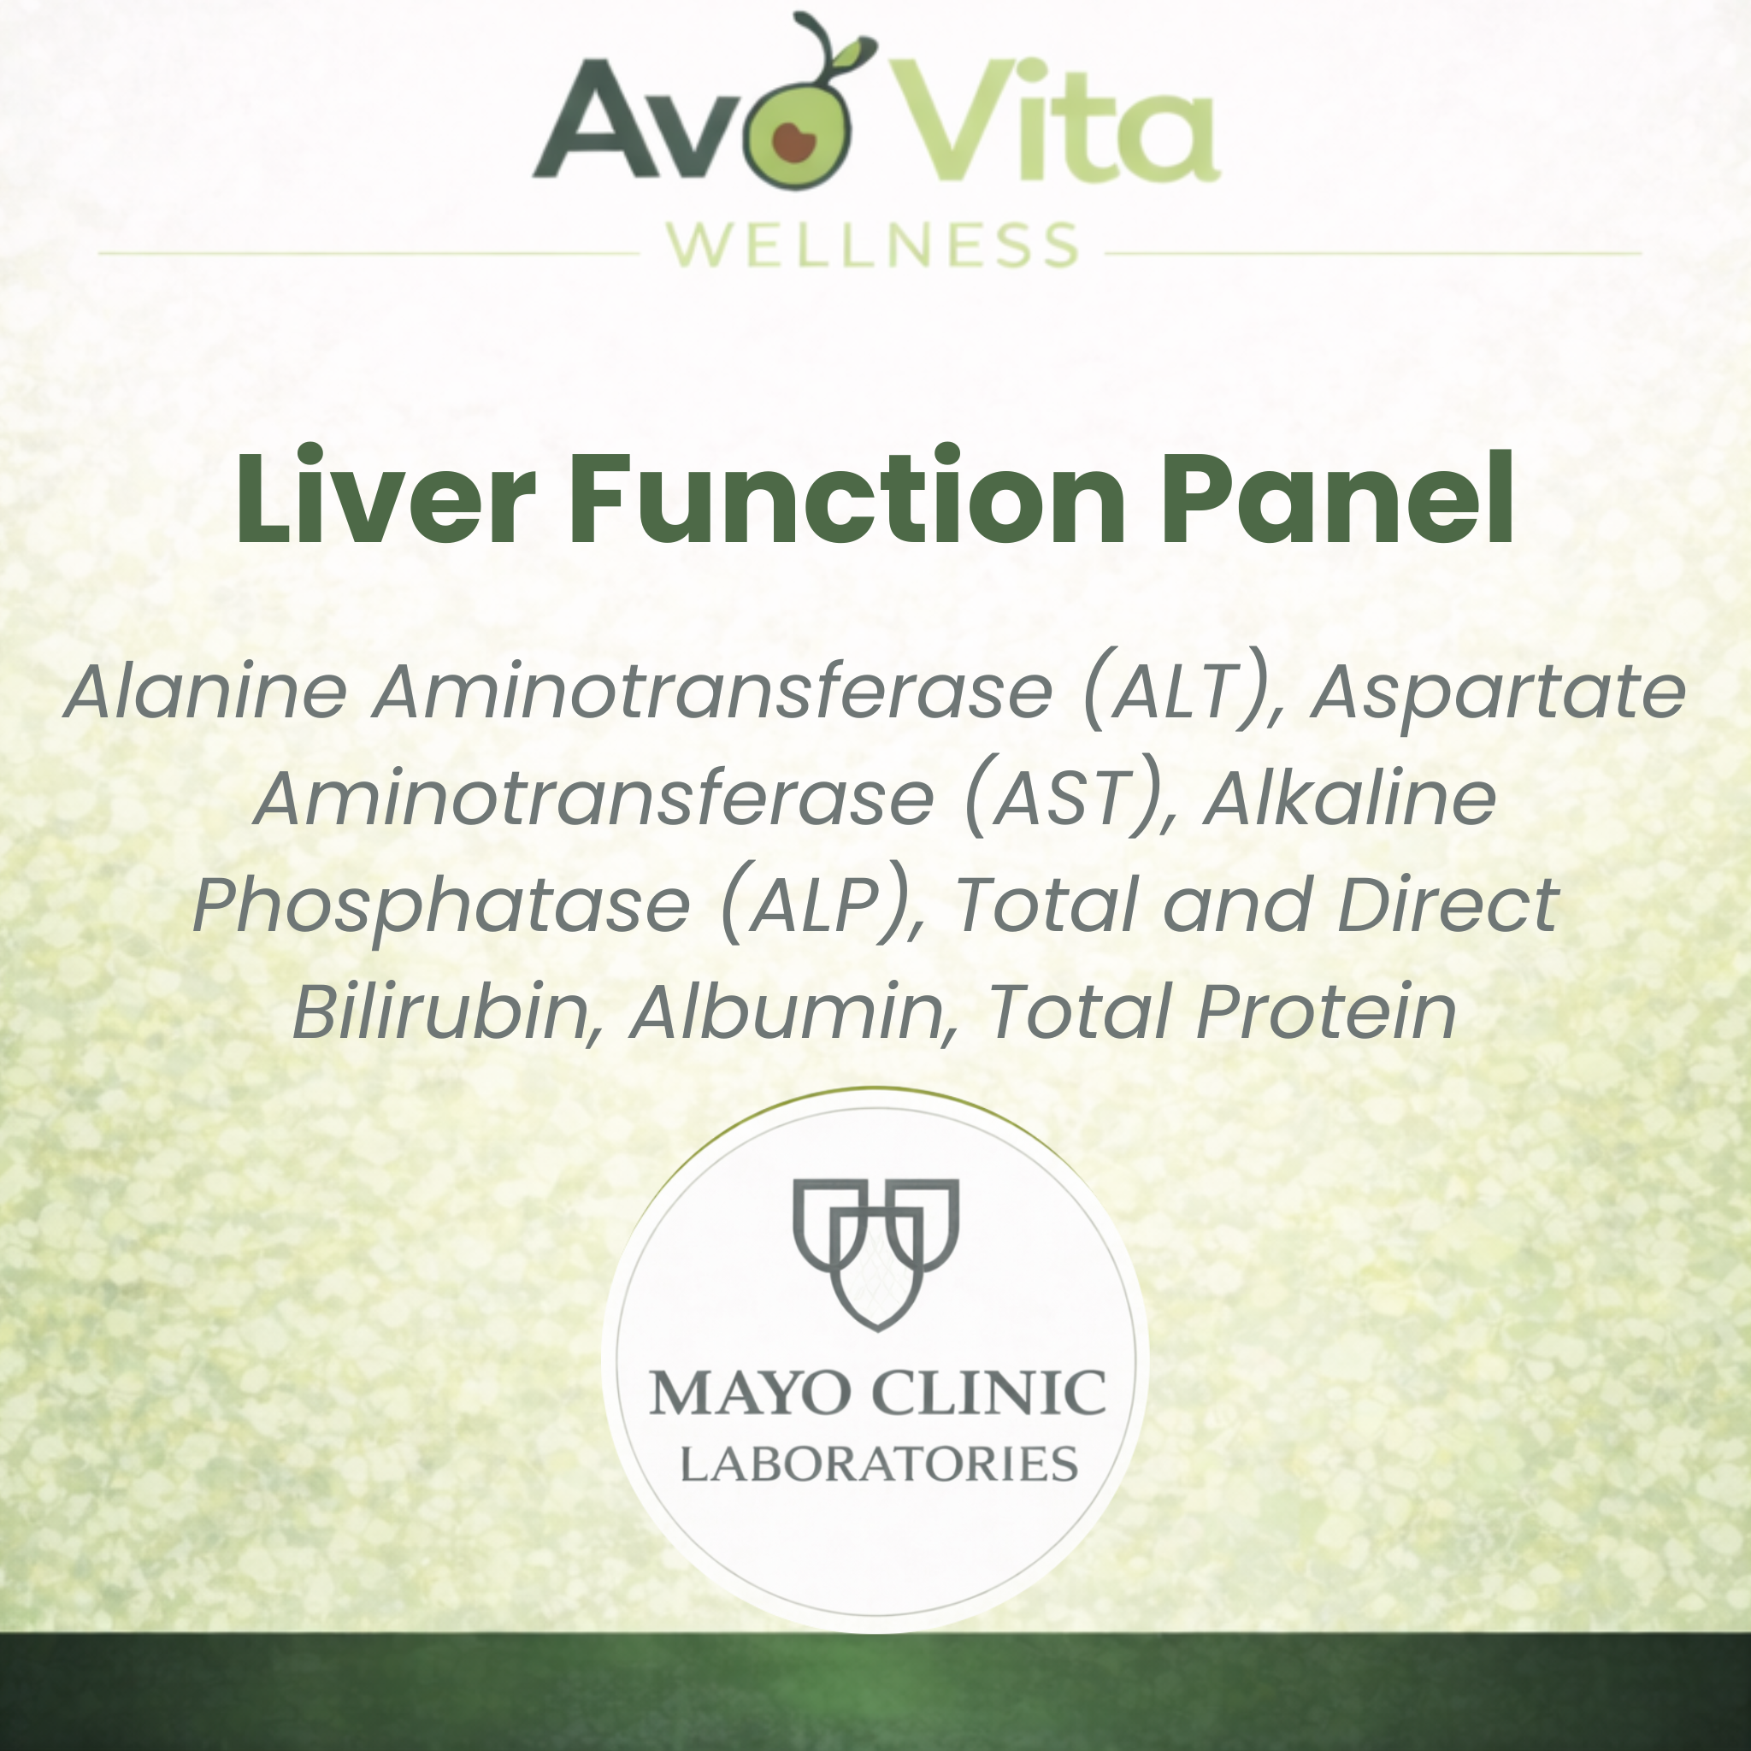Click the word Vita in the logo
coord(1056,122)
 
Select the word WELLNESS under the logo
coord(873,245)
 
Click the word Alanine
coord(207,693)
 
